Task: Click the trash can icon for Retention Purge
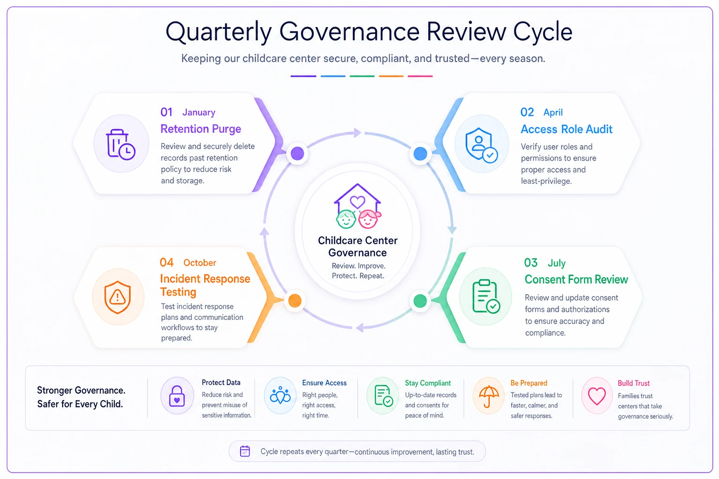[120, 144]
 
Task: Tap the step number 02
[527, 112]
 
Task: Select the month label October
[200, 263]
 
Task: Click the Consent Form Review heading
[576, 279]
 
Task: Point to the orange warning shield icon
[117, 297]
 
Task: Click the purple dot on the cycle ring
[297, 153]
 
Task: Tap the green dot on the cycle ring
[420, 301]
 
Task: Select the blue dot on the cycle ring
[420, 154]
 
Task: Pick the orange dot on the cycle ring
[294, 301]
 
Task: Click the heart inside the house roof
[357, 202]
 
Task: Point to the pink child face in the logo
[369, 219]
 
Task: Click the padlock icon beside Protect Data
[177, 396]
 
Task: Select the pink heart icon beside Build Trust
[597, 396]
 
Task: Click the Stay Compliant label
[428, 383]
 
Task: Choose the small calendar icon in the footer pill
[245, 451]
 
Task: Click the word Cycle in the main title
[543, 31]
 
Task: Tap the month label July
[557, 263]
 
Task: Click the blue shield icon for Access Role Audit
[481, 145]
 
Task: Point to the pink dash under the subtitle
[420, 76]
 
